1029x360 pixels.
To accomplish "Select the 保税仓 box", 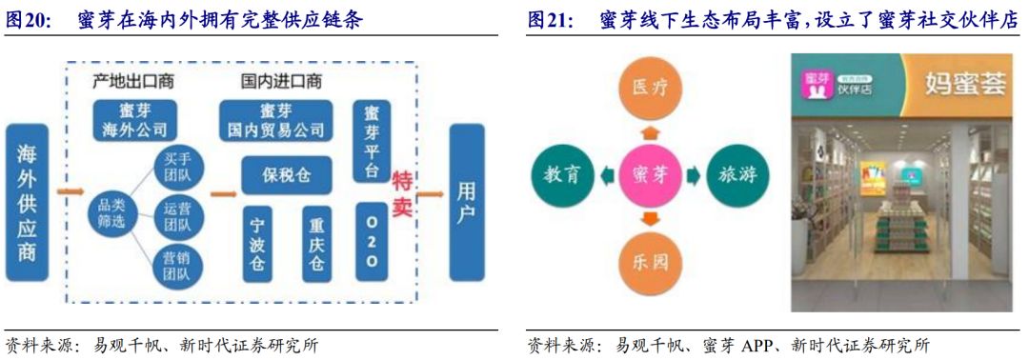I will tap(286, 175).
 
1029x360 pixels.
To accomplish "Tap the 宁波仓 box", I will tap(255, 244).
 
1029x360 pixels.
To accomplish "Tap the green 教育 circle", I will tap(563, 175).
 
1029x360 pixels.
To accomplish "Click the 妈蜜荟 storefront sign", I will tap(962, 85).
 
